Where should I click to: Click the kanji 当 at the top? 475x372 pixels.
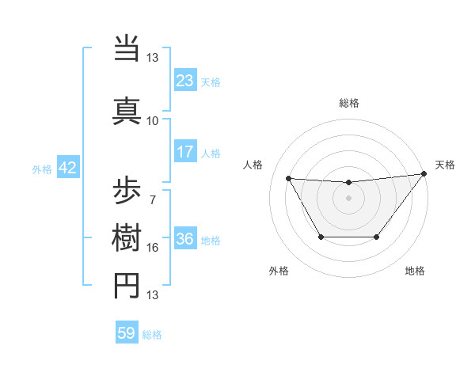click(x=127, y=49)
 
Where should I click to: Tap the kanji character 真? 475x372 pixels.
click(x=127, y=108)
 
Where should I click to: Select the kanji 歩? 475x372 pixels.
click(x=127, y=190)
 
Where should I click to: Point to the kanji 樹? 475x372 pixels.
click(x=127, y=238)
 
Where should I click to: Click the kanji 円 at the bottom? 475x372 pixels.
click(x=127, y=287)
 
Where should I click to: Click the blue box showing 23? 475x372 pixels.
click(x=184, y=81)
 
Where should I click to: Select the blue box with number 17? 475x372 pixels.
click(x=184, y=152)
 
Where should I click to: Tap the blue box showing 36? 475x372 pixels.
click(x=184, y=239)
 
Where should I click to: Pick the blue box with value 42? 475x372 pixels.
click(x=67, y=168)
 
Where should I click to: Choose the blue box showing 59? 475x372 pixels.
click(x=127, y=333)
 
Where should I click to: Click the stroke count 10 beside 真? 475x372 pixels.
click(x=152, y=120)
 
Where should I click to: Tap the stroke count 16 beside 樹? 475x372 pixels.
click(x=152, y=247)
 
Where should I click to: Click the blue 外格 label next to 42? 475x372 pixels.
click(x=41, y=169)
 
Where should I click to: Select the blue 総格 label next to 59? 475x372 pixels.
click(x=152, y=335)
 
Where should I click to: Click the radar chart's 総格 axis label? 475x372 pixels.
click(x=348, y=103)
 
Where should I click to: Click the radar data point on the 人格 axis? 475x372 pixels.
click(x=289, y=178)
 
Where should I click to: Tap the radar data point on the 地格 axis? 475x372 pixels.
click(x=377, y=237)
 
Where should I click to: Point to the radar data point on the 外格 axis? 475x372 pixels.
click(x=321, y=237)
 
